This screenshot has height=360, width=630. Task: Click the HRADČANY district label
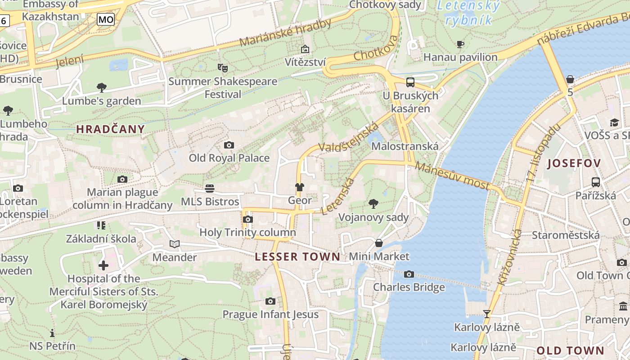(110, 129)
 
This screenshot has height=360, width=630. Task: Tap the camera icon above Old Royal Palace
(229, 145)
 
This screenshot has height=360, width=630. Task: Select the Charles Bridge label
(409, 287)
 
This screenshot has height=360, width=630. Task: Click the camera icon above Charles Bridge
(409, 274)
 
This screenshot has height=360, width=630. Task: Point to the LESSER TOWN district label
(297, 257)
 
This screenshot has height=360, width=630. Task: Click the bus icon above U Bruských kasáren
(410, 82)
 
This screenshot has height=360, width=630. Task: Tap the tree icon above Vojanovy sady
(373, 204)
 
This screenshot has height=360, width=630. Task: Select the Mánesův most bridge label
(452, 176)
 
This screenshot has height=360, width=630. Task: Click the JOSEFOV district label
(574, 163)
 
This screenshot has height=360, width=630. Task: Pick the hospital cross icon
(103, 265)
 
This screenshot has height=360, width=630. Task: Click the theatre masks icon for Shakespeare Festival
(222, 68)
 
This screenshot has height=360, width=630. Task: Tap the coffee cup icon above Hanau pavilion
(460, 44)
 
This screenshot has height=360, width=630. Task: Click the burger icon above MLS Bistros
(210, 188)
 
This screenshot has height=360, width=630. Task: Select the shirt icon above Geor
(299, 187)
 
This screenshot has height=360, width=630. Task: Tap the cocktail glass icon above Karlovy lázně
(486, 314)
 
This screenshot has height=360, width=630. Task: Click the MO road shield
(106, 19)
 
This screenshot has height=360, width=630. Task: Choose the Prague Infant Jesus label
(270, 314)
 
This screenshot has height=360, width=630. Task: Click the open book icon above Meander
(175, 244)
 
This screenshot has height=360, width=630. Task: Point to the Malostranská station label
(405, 146)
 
